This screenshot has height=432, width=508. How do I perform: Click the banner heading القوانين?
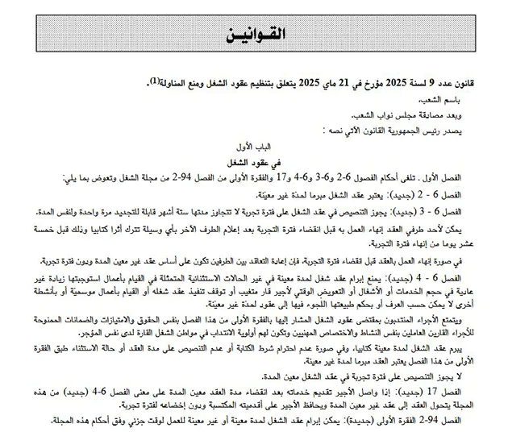[x=254, y=35]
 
